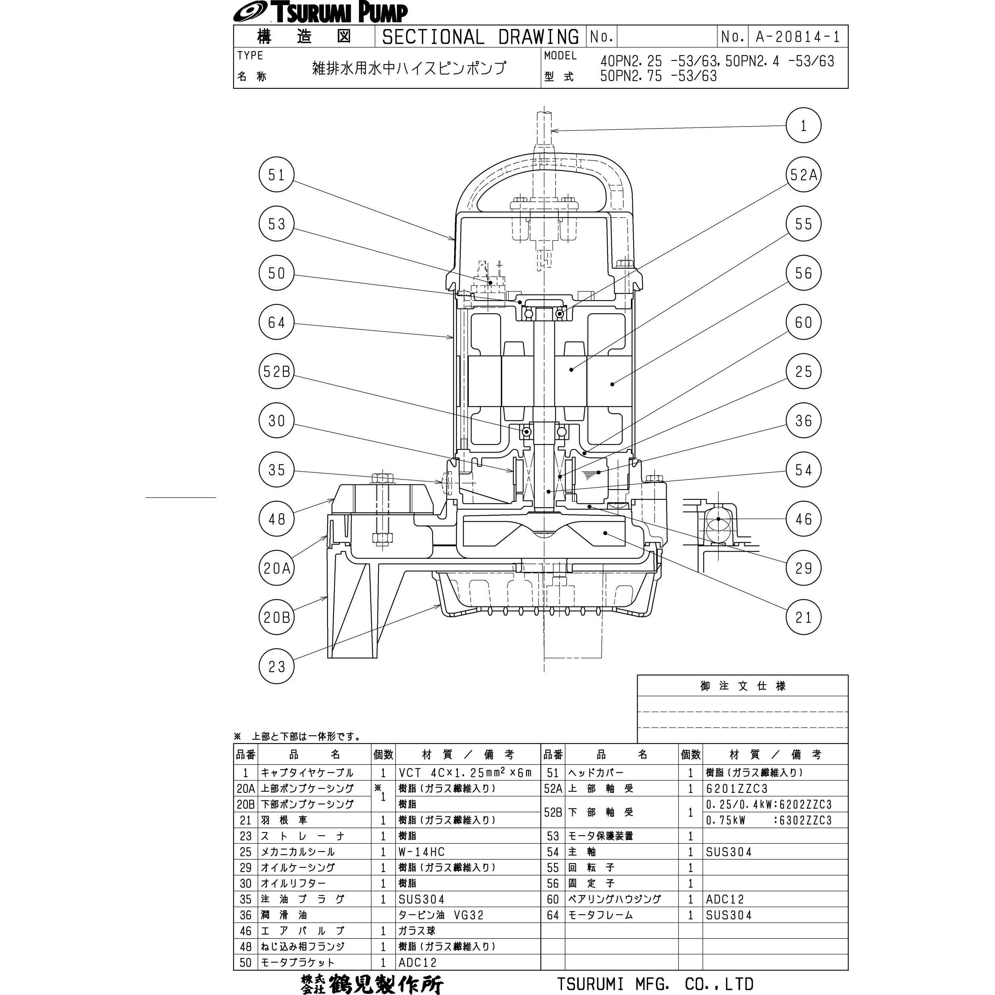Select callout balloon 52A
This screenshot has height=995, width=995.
804,175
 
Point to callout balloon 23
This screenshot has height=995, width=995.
277,666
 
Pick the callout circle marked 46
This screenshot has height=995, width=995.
804,519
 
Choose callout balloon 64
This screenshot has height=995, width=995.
277,322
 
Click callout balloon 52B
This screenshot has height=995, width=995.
277,371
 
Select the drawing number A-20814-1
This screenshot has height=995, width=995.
798,37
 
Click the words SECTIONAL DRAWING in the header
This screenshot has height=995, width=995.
480,37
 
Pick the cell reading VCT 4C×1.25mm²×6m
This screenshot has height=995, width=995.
466,773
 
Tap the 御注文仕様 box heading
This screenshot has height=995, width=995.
743,686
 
